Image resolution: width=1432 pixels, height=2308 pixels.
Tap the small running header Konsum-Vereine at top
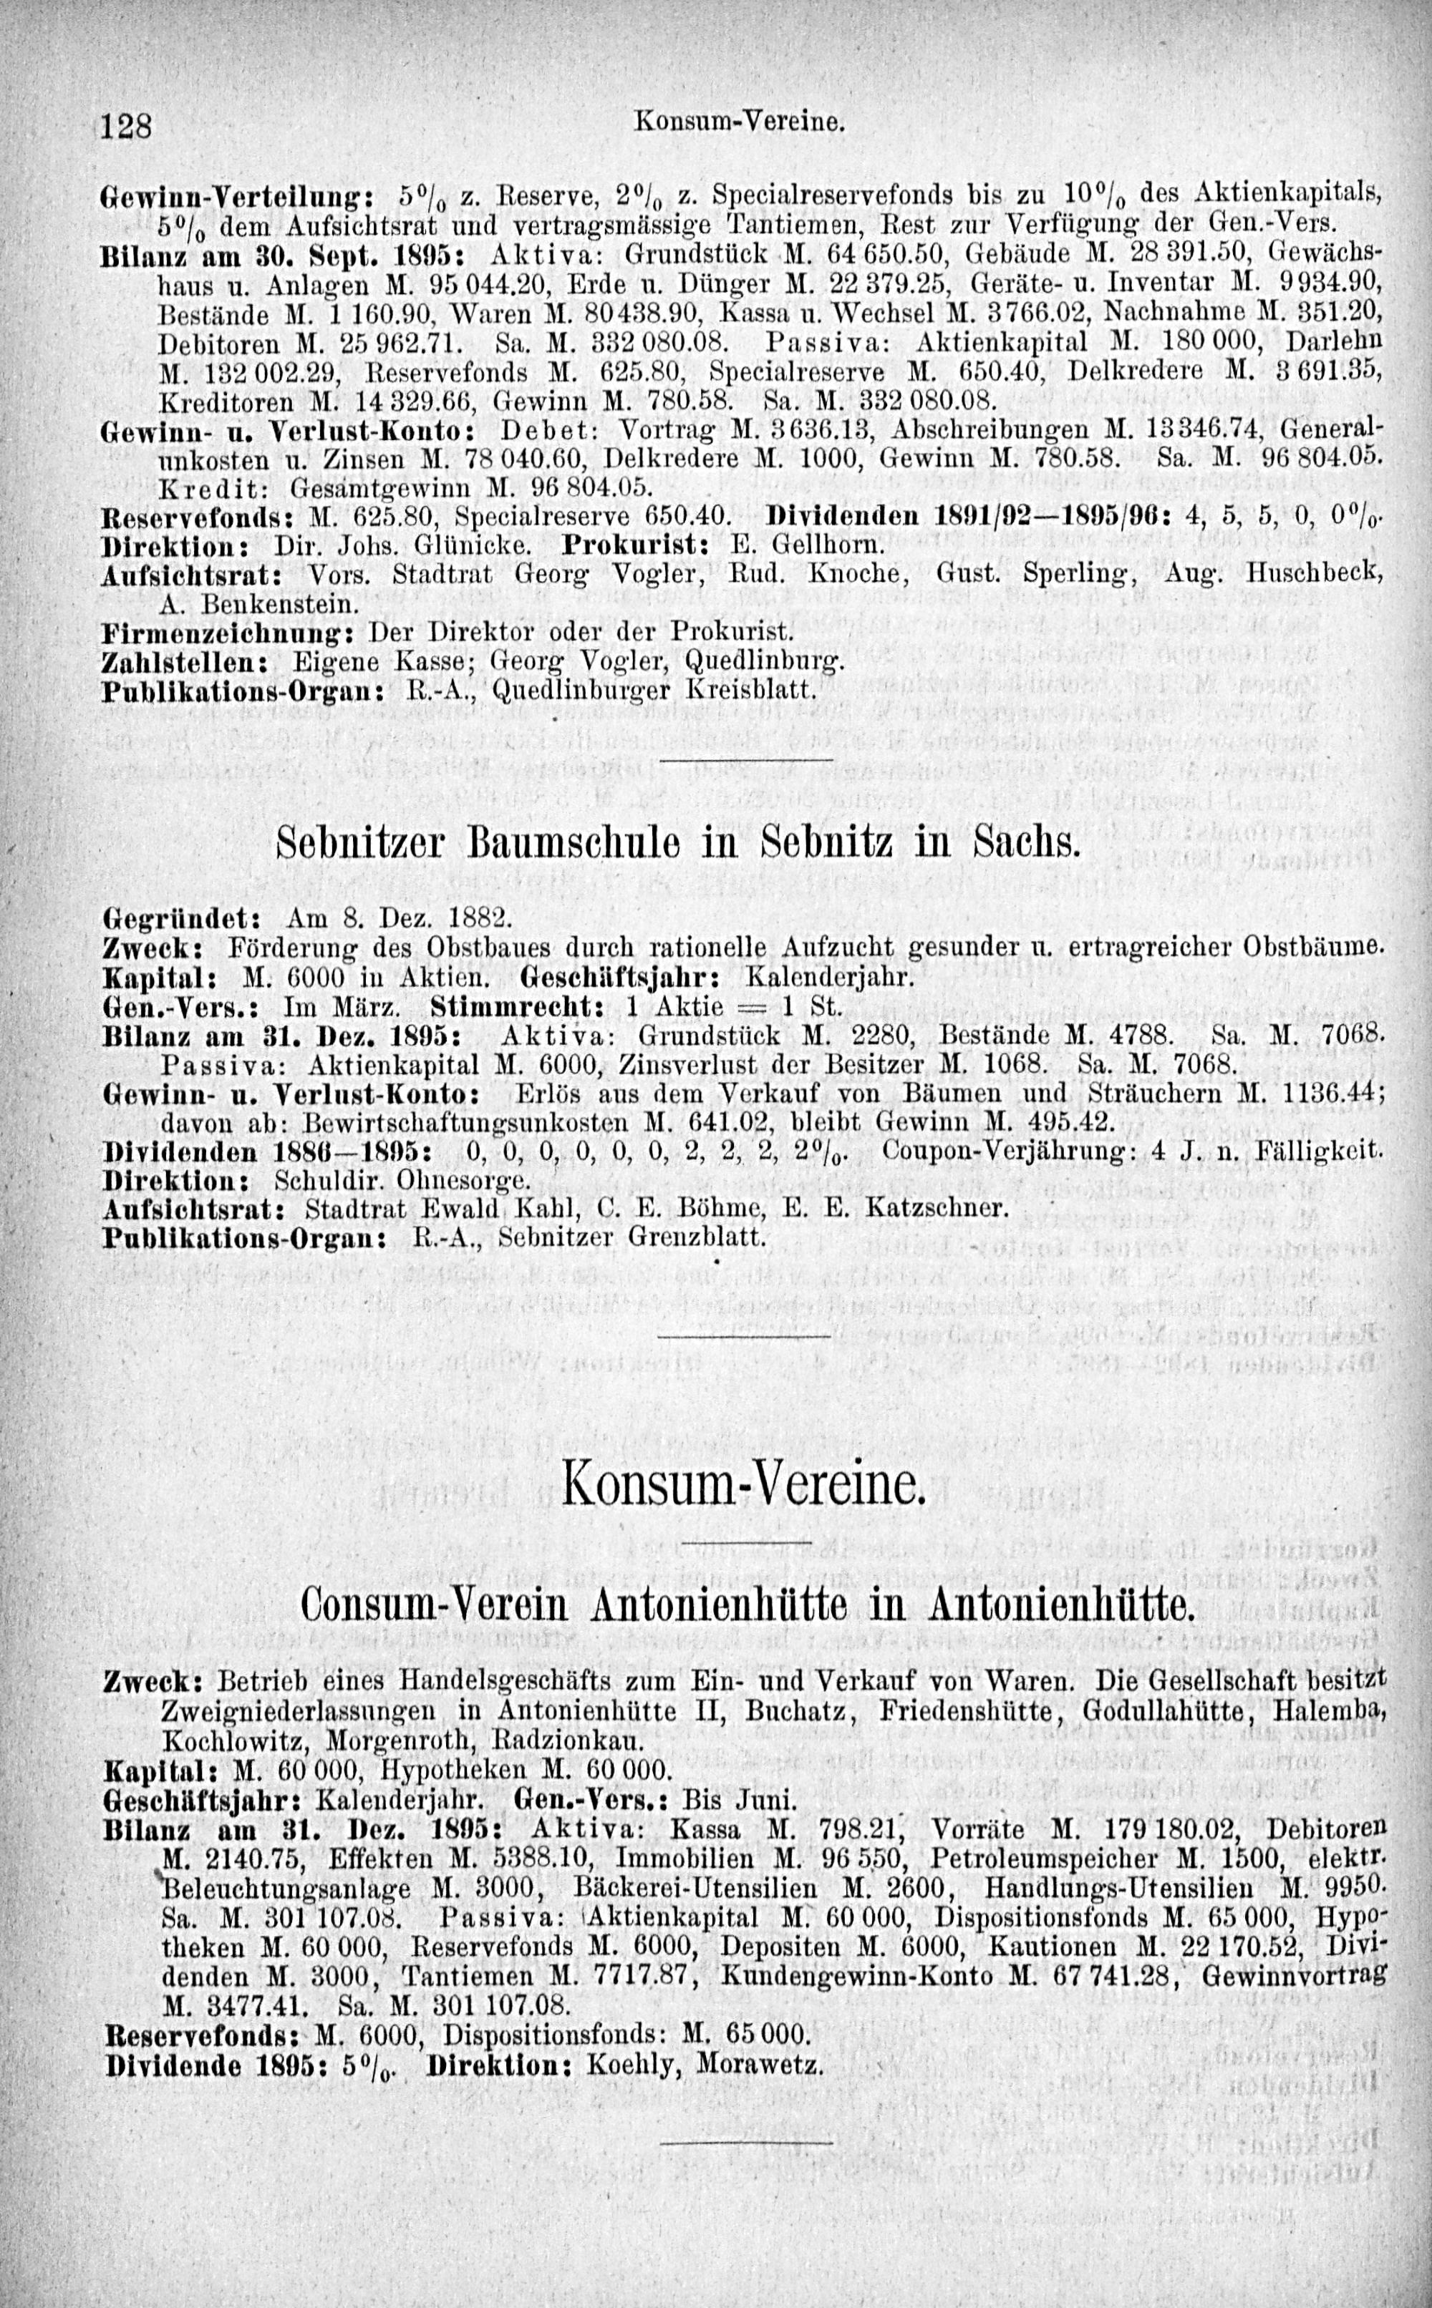740,123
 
